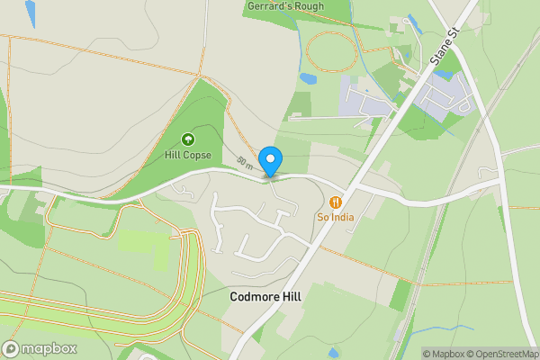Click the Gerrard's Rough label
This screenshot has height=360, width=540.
click(x=285, y=7)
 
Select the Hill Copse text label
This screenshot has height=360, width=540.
click(x=188, y=155)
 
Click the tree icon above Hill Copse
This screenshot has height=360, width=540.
click(x=188, y=139)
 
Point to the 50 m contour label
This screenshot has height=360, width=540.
click(x=245, y=162)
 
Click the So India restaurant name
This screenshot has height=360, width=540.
click(x=335, y=216)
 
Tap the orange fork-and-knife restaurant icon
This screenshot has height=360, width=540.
click(x=335, y=202)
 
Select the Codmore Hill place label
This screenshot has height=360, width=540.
click(x=265, y=296)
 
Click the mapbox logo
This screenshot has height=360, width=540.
click(x=40, y=349)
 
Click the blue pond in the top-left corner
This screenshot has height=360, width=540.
click(x=31, y=12)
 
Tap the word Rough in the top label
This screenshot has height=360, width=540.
click(x=306, y=7)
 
